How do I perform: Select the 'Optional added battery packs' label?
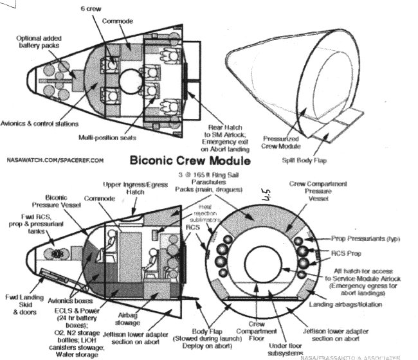click(38, 42)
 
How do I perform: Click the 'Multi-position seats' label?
click(107, 138)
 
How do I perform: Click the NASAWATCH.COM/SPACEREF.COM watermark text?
click(54, 157)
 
